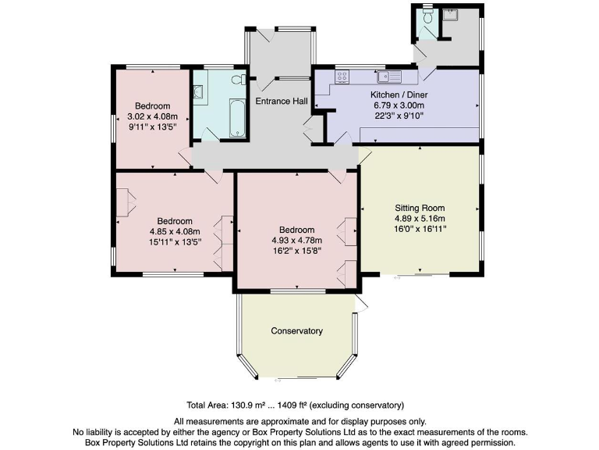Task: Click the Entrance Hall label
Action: [281, 102]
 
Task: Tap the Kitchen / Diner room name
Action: [398, 95]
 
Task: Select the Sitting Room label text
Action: [420, 209]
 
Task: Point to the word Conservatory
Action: [296, 330]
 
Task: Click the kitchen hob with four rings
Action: [342, 77]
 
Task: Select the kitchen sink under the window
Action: [388, 77]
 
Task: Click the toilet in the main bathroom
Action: [241, 80]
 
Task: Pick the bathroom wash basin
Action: [198, 92]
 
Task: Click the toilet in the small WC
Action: [427, 15]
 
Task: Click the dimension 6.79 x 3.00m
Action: [398, 105]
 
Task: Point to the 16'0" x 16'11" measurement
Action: [420, 230]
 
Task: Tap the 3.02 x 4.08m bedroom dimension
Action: [152, 116]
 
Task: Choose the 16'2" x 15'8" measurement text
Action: [296, 251]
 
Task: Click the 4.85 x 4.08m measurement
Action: [175, 231]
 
